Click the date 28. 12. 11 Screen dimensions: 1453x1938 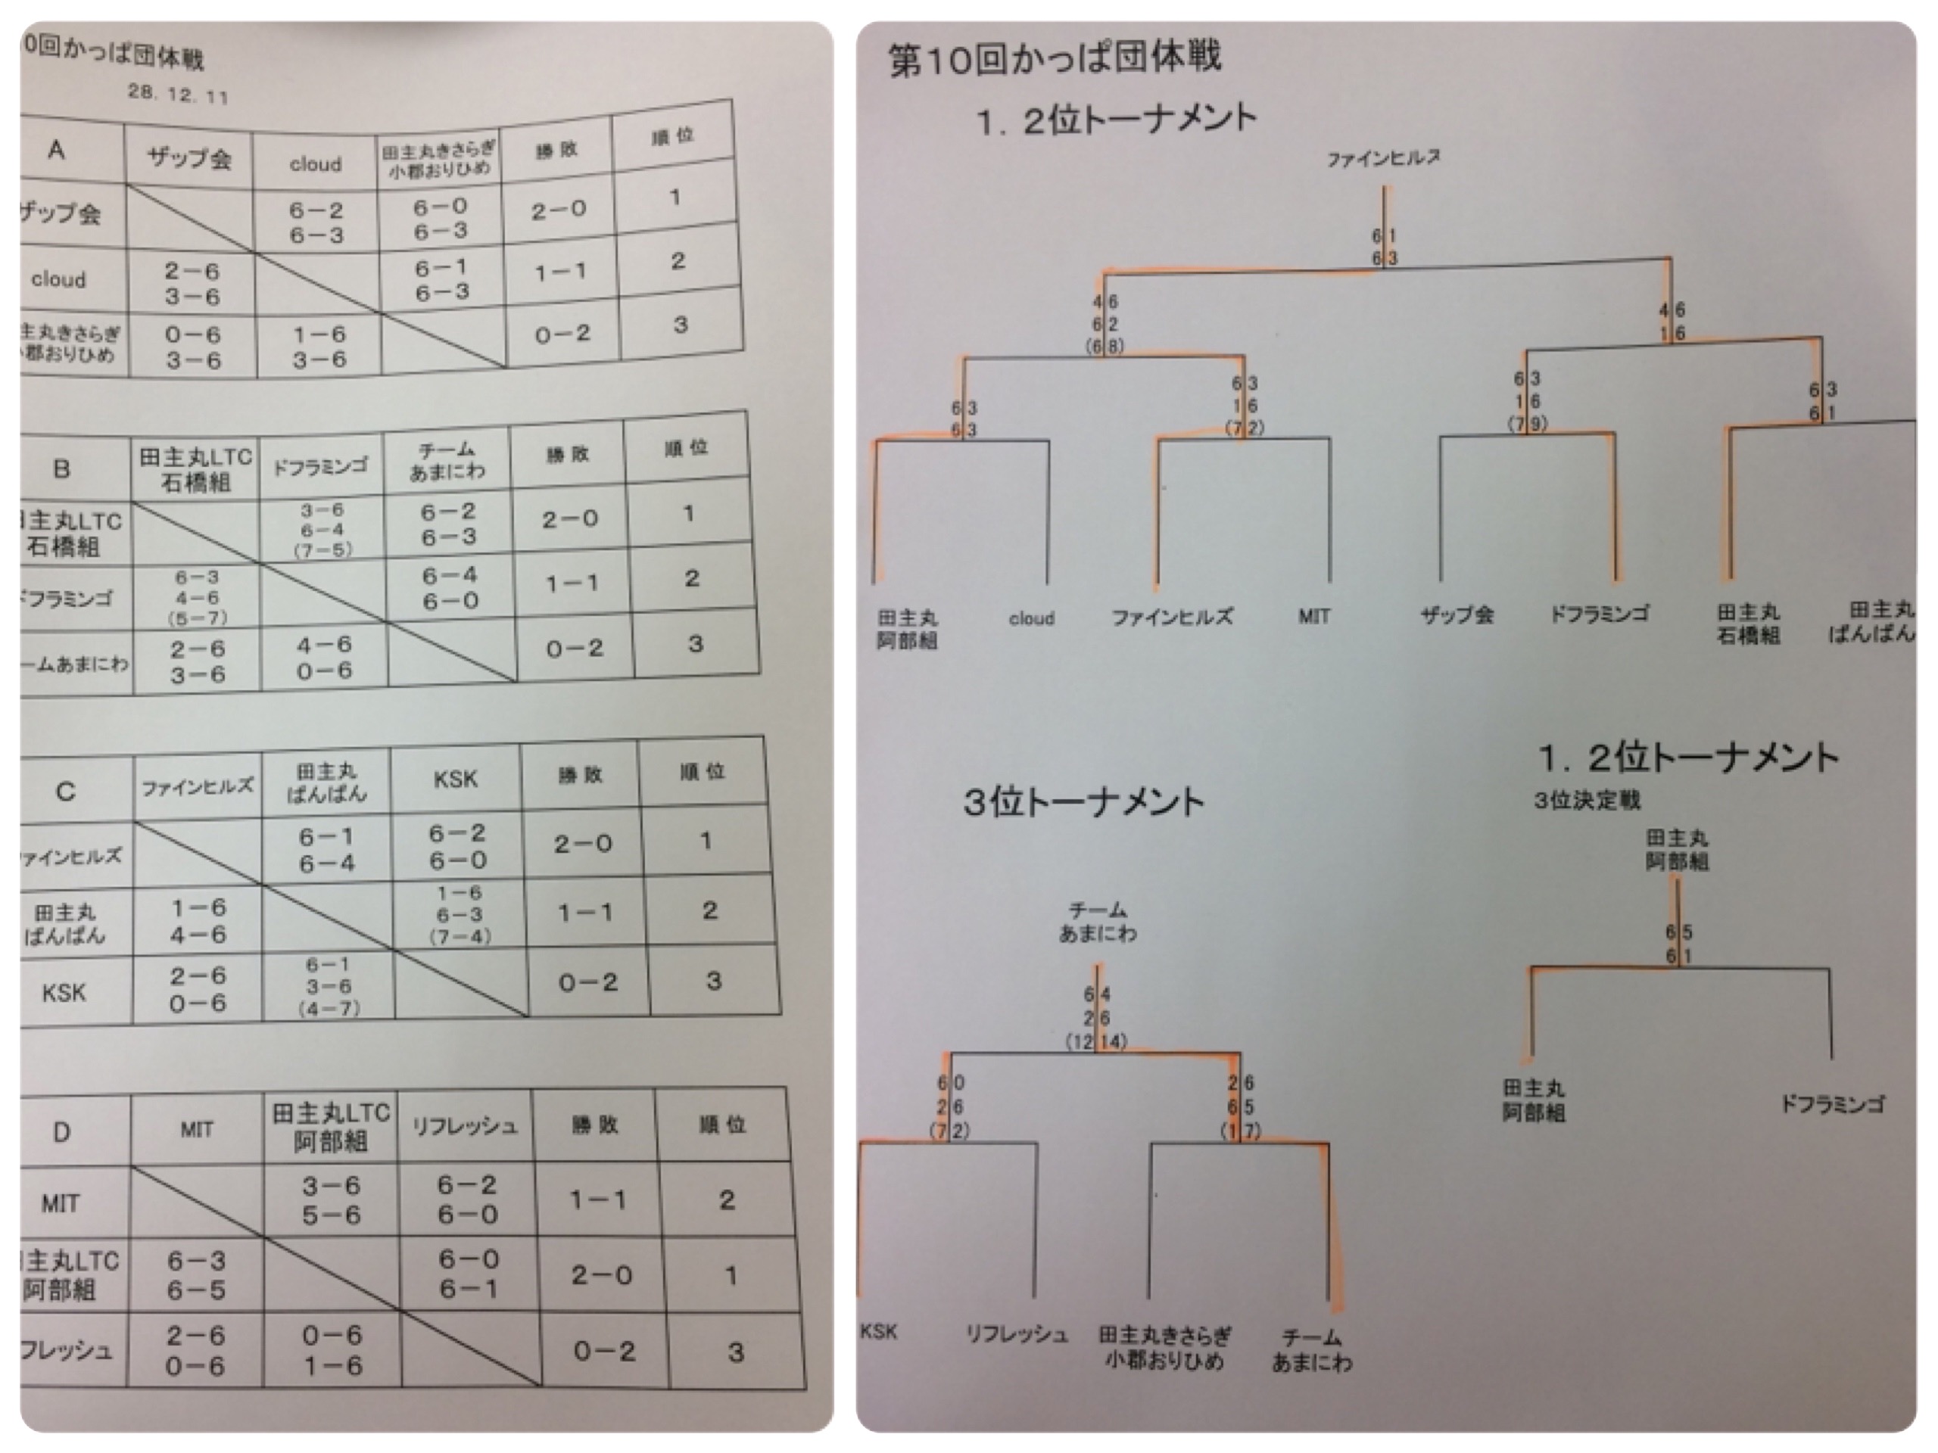177,94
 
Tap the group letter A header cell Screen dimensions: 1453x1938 56,150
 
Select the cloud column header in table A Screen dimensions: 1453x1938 316,163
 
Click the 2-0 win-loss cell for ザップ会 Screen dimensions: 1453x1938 558,210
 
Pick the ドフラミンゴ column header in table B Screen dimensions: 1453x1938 321,467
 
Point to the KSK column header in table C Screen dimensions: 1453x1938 456,779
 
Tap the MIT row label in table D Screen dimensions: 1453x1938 61,1203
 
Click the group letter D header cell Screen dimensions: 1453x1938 61,1131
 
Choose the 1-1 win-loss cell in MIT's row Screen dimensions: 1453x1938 598,1199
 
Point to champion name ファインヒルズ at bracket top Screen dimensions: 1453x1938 1383,158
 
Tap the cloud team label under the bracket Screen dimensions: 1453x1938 1031,618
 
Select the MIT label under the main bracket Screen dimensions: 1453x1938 1313,617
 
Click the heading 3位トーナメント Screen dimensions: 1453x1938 1084,802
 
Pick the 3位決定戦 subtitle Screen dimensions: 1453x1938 1587,801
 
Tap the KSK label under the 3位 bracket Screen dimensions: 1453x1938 878,1331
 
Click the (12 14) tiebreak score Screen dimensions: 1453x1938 1096,1042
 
